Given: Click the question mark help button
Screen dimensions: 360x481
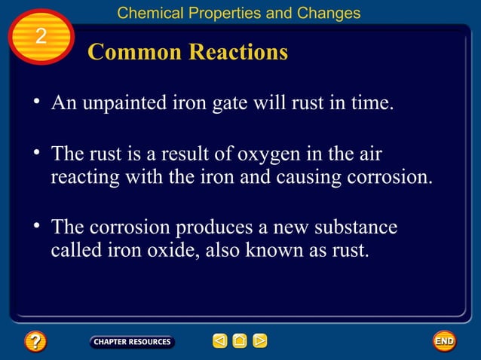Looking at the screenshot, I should click(x=35, y=342).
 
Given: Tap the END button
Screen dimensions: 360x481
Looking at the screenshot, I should click(x=444, y=341).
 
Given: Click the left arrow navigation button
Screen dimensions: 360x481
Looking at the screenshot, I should click(x=219, y=342).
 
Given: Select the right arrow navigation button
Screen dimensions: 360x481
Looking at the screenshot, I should click(x=259, y=342).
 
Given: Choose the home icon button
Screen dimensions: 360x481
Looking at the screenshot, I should click(x=240, y=342).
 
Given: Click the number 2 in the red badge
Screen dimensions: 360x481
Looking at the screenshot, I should click(x=41, y=36).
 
